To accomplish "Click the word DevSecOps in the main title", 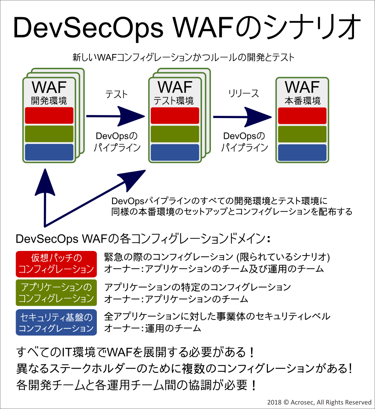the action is pos(88,28).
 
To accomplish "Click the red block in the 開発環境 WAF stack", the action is pos(49,115).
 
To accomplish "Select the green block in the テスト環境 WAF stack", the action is pos(175,134).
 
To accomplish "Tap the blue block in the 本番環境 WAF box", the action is pos(302,153).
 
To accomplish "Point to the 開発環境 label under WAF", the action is pos(49,101).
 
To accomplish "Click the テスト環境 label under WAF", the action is pos(173,101).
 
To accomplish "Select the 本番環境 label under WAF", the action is pos(303,101).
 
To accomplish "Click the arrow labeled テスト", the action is pos(115,116).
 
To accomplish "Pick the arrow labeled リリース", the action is pos(242,117).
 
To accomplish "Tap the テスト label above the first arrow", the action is pos(116,94).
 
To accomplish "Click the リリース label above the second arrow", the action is pos(244,93).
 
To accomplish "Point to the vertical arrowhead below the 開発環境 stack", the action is pos(45,182).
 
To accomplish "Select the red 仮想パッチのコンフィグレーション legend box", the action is pos(56,264).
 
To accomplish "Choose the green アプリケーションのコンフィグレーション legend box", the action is pos(56,293).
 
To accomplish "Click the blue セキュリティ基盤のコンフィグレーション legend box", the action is pos(56,323).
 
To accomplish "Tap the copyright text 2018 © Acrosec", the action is pos(319,402).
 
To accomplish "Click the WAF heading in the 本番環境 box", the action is pos(302,87).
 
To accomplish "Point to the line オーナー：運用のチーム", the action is pos(153,328).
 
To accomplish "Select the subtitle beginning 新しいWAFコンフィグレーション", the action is pos(183,57).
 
